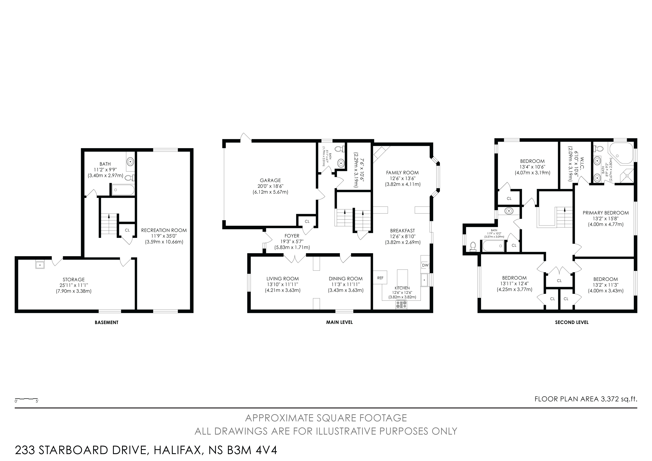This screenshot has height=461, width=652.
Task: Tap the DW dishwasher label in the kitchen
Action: [x=425, y=265]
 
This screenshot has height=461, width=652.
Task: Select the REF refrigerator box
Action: [x=380, y=278]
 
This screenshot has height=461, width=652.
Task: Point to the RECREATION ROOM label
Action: [x=164, y=230]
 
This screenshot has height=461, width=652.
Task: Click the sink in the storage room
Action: [x=40, y=265]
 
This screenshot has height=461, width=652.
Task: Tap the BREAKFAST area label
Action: [x=402, y=231]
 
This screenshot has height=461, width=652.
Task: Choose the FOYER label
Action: [x=292, y=236]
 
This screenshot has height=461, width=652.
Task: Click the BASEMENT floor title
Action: [x=107, y=322]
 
